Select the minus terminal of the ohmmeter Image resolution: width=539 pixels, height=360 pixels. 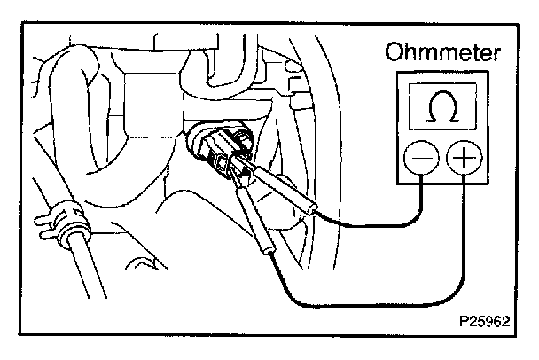pos(419,160)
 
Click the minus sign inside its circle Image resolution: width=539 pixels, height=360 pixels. pos(419,160)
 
